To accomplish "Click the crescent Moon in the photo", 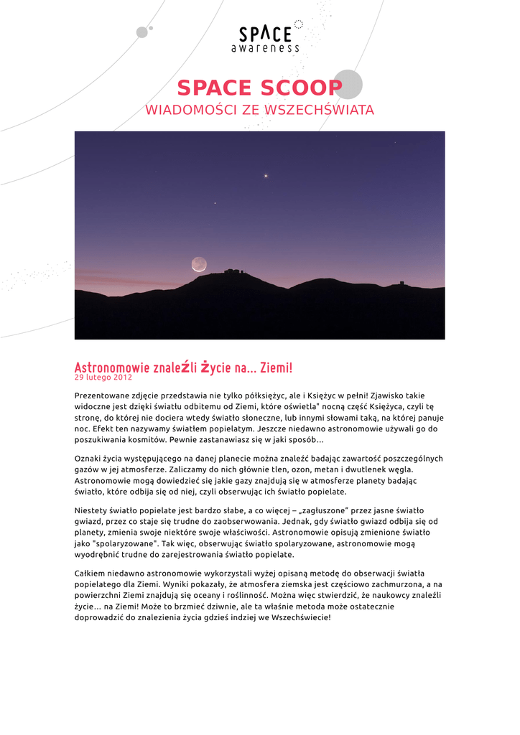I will point(199,265).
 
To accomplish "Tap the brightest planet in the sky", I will point(266,175).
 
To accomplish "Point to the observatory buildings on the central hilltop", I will point(234,271).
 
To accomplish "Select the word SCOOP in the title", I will point(302,88).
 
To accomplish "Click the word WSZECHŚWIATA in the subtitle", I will point(320,110).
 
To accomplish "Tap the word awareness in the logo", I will point(265,48).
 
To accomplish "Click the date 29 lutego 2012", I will point(103,378).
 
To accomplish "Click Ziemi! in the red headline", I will point(277,367).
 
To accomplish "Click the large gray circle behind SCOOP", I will point(348,84).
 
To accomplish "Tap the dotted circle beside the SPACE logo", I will point(299,24).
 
